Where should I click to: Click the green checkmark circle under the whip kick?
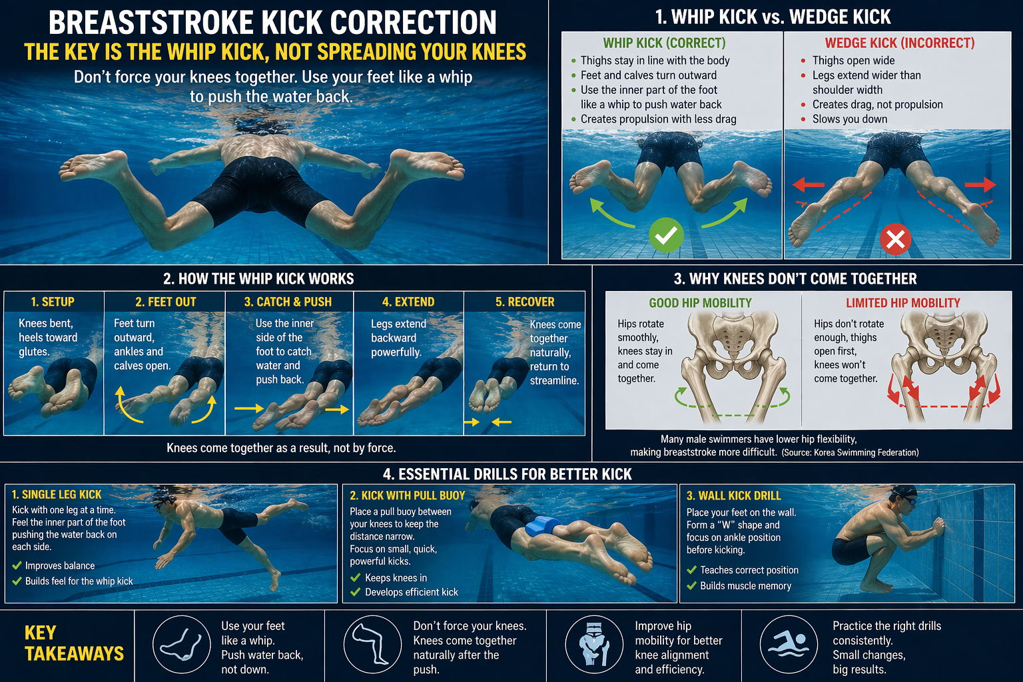pyautogui.click(x=666, y=235)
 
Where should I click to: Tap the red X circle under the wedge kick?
pyautogui.click(x=895, y=239)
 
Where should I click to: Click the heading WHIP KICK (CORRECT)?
pyautogui.click(x=664, y=43)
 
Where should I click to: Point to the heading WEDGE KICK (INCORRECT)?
pyautogui.click(x=900, y=43)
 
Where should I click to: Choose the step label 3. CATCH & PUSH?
pyautogui.click(x=288, y=302)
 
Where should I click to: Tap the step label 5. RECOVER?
pyautogui.click(x=525, y=302)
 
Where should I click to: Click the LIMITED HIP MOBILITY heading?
pyautogui.click(x=903, y=303)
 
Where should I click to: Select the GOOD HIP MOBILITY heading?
pyautogui.click(x=700, y=303)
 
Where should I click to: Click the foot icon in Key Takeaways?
pyautogui.click(x=181, y=645)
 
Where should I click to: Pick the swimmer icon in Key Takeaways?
pyautogui.click(x=789, y=645)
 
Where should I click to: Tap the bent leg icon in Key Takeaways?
pyautogui.click(x=372, y=645)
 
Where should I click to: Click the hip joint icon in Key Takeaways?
pyautogui.click(x=594, y=645)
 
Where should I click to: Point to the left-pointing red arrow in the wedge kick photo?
pyautogui.click(x=809, y=185)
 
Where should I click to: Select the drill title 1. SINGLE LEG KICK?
pyautogui.click(x=57, y=494)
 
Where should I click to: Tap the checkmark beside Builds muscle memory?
pyautogui.click(x=691, y=585)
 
